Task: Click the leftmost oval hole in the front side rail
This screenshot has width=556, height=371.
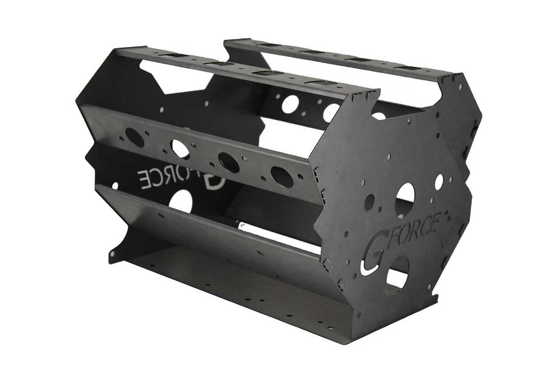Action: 135,137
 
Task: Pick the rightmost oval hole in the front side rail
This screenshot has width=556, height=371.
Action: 282,176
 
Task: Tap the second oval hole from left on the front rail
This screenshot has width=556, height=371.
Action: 180,149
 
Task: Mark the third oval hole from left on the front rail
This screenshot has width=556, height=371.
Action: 229,162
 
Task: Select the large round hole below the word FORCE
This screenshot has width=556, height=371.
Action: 399,271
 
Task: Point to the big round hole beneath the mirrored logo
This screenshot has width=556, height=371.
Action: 181,201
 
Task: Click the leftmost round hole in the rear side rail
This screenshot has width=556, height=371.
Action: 290,104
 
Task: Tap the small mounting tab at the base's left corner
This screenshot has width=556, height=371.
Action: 112,256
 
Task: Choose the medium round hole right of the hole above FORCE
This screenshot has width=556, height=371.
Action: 438,182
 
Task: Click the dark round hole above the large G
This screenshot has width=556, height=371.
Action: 369,202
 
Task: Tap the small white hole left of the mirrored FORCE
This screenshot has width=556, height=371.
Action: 114,185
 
